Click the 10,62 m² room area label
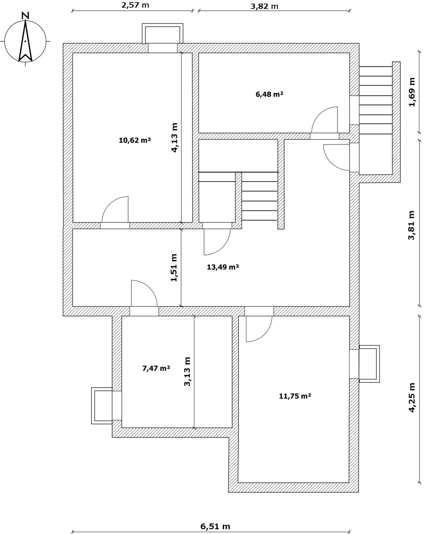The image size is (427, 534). point(135,141)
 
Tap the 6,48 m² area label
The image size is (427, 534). point(270,94)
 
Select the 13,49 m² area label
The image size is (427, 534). point(223,267)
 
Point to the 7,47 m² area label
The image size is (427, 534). point(156,368)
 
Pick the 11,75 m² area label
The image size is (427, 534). point(295,396)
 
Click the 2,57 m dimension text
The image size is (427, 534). point(135,5)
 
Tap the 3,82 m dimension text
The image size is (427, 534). point(264,6)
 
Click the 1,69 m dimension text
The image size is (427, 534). point(411,92)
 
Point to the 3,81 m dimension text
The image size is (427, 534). point(411,225)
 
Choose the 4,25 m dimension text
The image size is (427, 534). point(411,397)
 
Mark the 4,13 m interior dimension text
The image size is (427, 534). point(174,138)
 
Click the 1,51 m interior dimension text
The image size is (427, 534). point(174,268)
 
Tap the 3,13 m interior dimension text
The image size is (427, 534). point(187,372)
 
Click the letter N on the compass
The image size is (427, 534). point(25,16)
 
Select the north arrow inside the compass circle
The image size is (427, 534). point(25,41)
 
